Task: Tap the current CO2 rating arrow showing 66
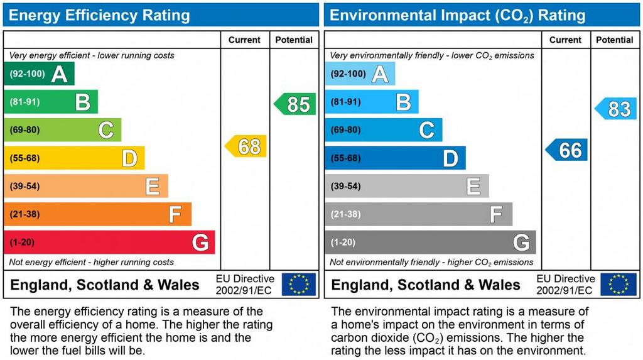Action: (x=567, y=150)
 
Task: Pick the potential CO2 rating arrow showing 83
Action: (x=616, y=109)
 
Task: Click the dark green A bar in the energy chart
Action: (x=39, y=74)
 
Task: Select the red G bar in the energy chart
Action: (x=109, y=243)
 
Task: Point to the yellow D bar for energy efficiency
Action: (x=74, y=158)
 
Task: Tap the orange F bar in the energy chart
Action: (x=97, y=214)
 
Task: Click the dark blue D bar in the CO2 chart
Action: (x=395, y=158)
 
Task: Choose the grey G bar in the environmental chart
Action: (x=430, y=243)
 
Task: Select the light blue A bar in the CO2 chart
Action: (x=360, y=74)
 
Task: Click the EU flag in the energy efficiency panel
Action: (x=299, y=284)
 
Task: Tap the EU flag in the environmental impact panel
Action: (x=619, y=284)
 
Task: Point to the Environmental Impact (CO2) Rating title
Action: (x=457, y=15)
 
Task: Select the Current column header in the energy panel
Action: (x=244, y=40)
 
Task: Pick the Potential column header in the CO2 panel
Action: (x=614, y=40)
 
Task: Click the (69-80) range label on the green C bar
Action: (x=24, y=130)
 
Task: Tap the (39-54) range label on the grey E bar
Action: (x=345, y=187)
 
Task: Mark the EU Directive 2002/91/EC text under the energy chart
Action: (x=245, y=284)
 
